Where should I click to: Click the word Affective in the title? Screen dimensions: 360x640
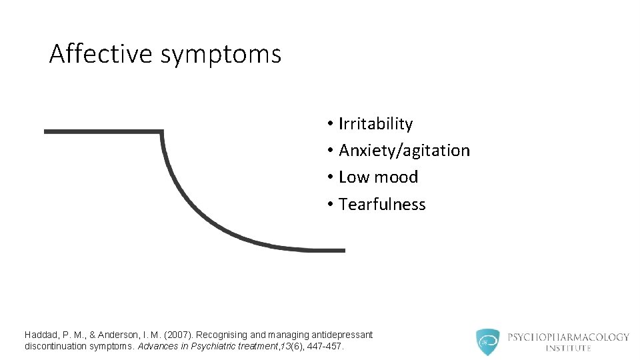pyautogui.click(x=101, y=53)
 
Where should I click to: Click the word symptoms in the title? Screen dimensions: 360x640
pyautogui.click(x=221, y=55)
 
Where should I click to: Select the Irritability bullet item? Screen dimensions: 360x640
pyautogui.click(x=375, y=124)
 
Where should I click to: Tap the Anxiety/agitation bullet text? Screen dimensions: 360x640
pyautogui.click(x=404, y=151)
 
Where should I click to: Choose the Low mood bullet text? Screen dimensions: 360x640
pyautogui.click(x=378, y=177)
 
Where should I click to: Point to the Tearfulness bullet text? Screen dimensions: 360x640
pyautogui.click(x=382, y=204)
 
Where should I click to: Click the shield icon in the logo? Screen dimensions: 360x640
pyautogui.click(x=487, y=341)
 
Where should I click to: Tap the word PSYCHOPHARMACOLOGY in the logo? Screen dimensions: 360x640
pyautogui.click(x=568, y=337)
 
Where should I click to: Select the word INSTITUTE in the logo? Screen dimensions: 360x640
pyautogui.click(x=568, y=348)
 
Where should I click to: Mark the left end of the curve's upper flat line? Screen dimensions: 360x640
pyautogui.click(x=45, y=131)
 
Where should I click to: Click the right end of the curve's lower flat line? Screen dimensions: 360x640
pyautogui.click(x=343, y=250)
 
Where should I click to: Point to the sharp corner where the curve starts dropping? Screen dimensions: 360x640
pyautogui.click(x=162, y=132)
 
